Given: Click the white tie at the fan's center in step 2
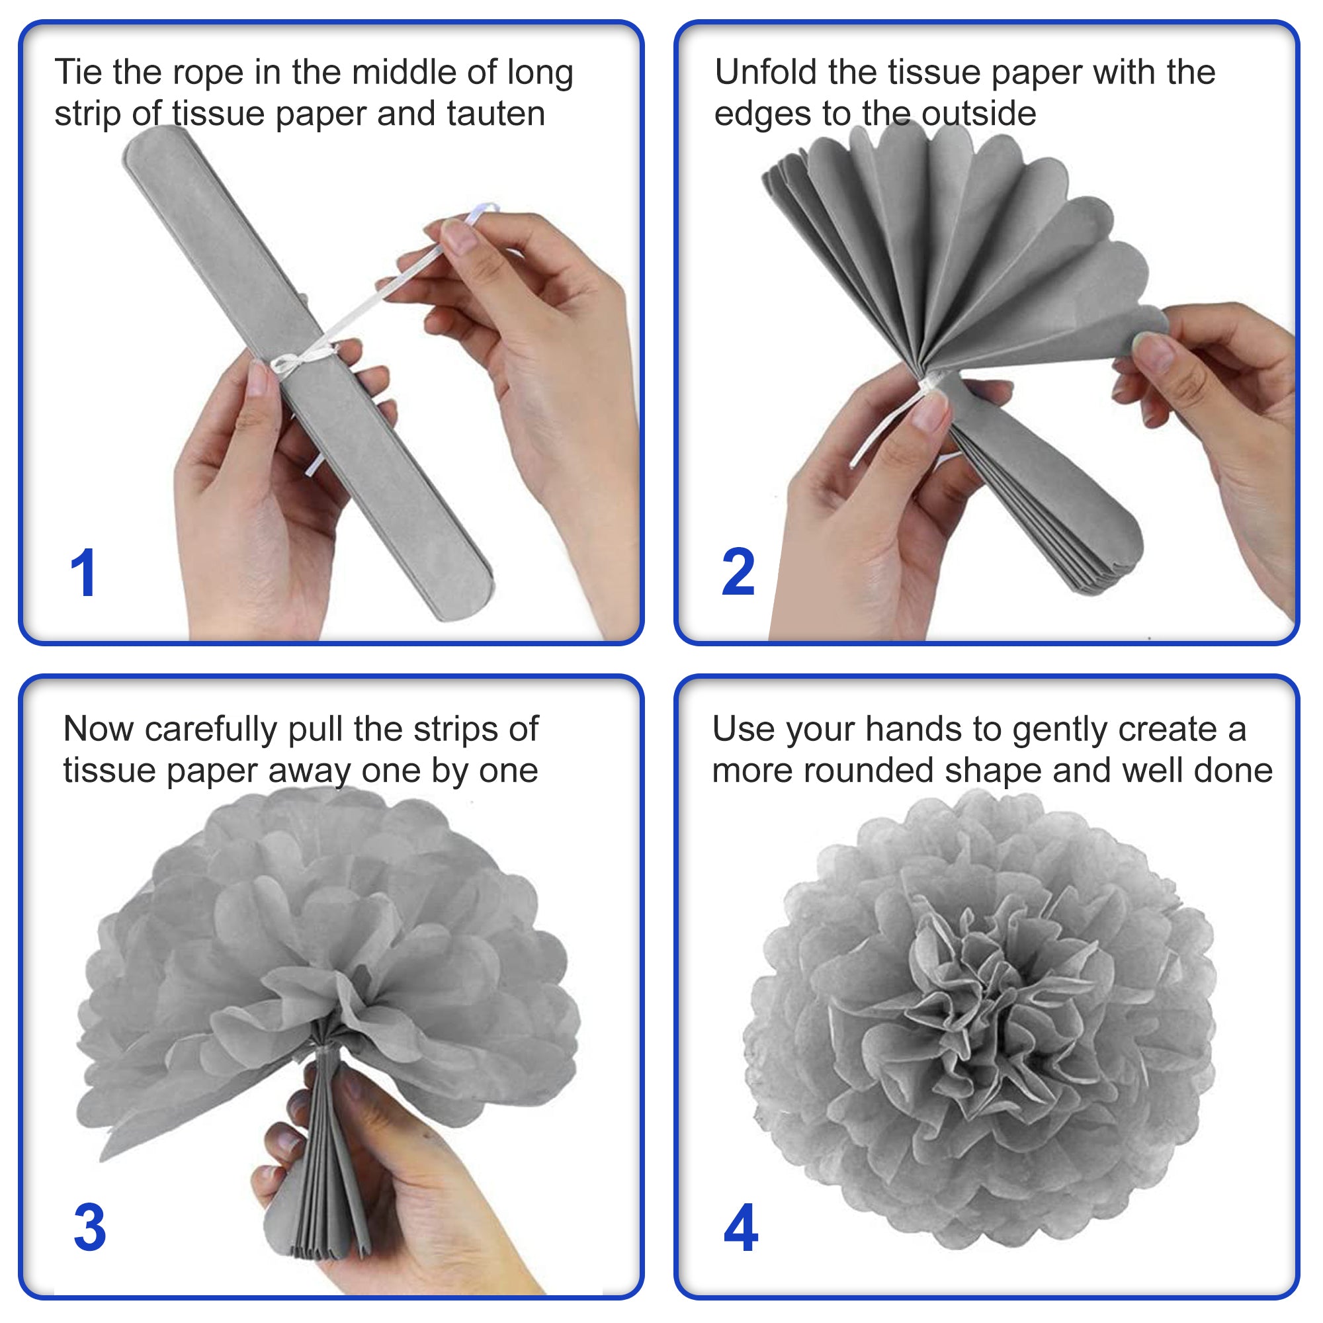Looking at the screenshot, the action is click(x=931, y=387).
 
